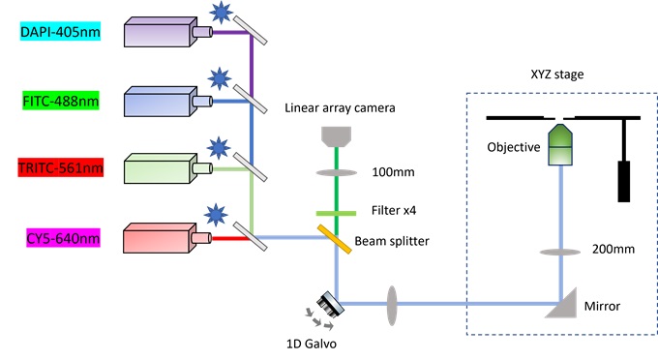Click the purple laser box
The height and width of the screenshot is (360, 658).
tap(157, 33)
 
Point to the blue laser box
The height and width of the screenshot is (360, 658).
tap(157, 101)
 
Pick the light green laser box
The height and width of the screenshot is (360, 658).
tap(157, 168)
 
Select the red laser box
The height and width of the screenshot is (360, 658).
tap(157, 236)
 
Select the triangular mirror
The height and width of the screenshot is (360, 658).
tap(564, 306)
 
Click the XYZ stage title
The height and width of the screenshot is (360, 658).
tap(558, 74)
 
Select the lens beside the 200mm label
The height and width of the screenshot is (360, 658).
tap(560, 252)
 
